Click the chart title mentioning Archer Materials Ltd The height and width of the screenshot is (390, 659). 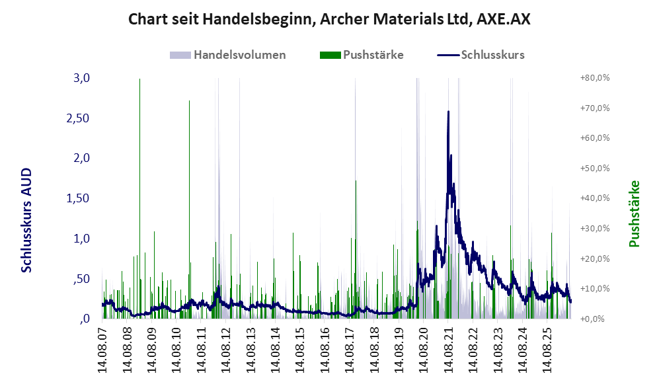329,19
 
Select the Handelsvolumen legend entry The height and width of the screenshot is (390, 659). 228,55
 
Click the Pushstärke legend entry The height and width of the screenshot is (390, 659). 362,55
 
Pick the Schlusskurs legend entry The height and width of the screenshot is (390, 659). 481,55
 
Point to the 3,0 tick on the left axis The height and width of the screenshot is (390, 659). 81,78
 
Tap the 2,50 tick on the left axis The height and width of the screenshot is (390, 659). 78,118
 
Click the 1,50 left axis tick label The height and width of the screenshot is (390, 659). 78,198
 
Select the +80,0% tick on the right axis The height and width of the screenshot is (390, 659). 595,78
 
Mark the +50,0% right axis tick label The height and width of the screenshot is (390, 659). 595,169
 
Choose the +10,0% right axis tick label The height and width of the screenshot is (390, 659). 595,289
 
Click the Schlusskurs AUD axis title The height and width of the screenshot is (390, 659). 26,220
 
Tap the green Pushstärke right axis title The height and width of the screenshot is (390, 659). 634,214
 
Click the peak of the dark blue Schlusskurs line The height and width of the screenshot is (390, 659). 448,111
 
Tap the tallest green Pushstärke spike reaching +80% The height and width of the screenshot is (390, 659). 139,198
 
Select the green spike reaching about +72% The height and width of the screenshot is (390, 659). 189,210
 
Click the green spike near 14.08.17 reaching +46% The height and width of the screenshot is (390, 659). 356,249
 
